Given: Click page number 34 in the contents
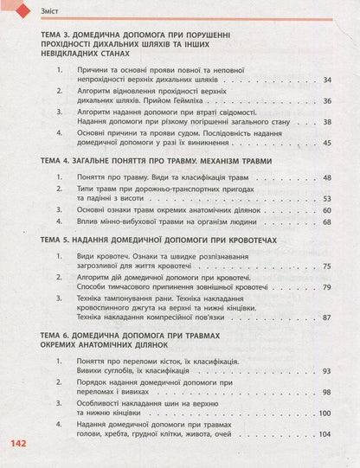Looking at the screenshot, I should (x=326, y=80).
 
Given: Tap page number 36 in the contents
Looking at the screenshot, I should (x=326, y=100).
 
